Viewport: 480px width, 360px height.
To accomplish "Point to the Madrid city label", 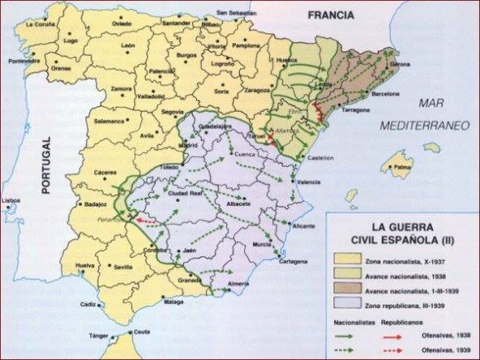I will tap(189, 145).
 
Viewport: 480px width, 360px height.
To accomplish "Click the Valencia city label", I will tap(310, 182).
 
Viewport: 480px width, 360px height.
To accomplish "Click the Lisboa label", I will tap(12, 201).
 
